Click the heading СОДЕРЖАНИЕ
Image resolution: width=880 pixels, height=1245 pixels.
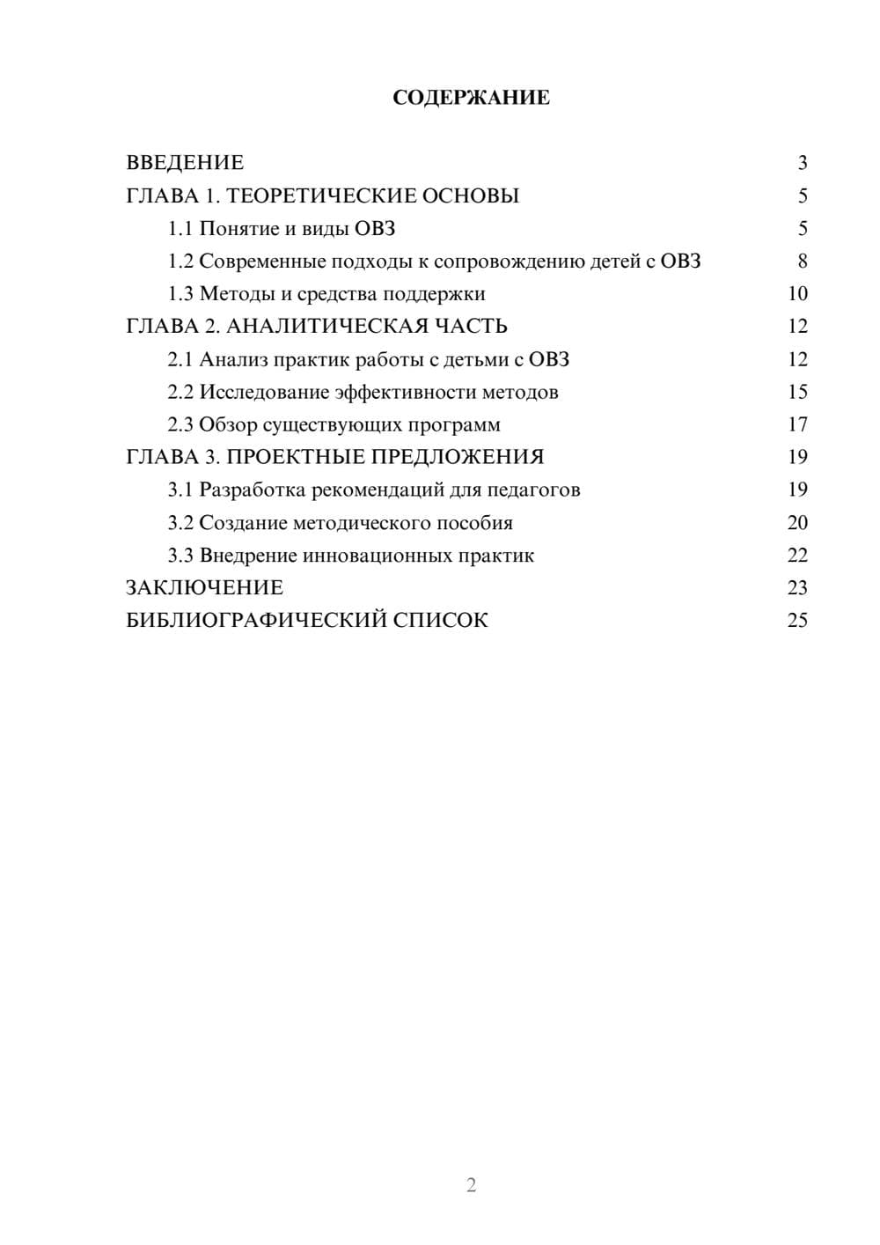[x=471, y=98]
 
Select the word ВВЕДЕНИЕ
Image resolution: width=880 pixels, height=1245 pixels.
[x=185, y=163]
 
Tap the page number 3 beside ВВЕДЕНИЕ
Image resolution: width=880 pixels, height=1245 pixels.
[x=802, y=163]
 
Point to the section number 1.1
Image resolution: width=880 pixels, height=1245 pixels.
[x=180, y=229]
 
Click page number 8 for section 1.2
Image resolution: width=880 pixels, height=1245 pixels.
[x=802, y=262]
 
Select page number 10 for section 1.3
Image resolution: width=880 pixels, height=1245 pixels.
[x=797, y=294]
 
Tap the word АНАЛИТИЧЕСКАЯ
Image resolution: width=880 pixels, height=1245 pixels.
[x=326, y=327]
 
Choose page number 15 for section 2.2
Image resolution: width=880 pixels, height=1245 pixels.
[x=797, y=392]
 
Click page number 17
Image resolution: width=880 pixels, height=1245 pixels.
[x=797, y=425]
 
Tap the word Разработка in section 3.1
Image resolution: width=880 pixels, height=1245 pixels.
[x=253, y=490]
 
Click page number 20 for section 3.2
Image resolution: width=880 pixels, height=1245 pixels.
[x=797, y=523]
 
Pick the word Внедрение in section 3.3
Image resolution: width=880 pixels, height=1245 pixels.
[x=248, y=556]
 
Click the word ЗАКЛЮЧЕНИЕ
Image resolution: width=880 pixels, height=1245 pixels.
[x=205, y=588]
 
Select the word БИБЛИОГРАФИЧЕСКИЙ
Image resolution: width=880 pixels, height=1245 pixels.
[x=256, y=621]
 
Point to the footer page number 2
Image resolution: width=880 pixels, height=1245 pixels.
[x=471, y=1185]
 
